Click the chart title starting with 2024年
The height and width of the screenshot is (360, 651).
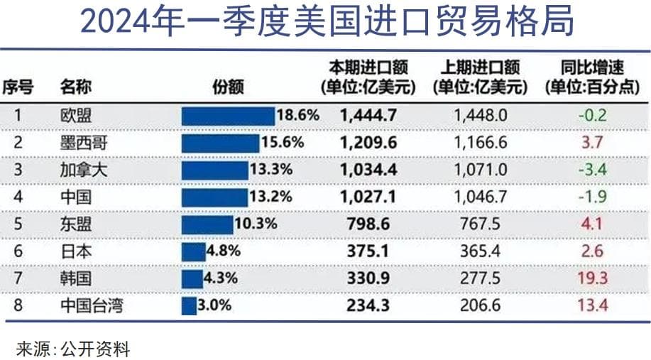tap(326, 23)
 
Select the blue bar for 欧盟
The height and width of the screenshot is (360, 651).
tap(227, 115)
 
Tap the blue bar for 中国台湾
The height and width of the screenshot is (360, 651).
tap(188, 306)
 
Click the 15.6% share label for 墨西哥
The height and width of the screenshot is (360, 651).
tap(283, 142)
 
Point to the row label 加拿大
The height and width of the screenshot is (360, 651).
tap(77, 170)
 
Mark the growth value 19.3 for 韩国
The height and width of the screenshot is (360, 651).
tap(593, 278)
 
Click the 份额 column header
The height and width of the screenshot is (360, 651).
tap(229, 87)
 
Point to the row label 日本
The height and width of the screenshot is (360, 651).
tap(72, 251)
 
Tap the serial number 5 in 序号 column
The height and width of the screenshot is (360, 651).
tap(18, 224)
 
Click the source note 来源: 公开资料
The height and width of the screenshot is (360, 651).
tap(73, 348)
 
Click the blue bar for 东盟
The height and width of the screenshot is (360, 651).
tap(207, 224)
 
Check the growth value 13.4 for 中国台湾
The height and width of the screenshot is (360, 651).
tap(593, 306)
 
